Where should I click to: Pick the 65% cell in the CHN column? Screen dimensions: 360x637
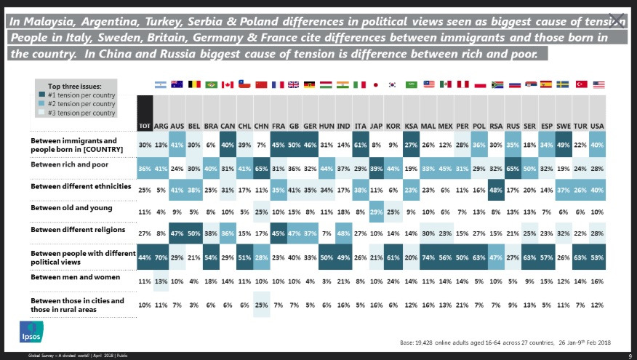point(262,168)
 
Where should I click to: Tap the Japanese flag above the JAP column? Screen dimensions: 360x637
point(377,85)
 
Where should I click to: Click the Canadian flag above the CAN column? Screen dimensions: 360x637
point(228,85)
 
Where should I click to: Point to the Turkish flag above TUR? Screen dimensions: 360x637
point(581,85)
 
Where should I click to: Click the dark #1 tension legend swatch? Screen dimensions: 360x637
point(44,96)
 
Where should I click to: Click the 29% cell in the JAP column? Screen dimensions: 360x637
point(377,212)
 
